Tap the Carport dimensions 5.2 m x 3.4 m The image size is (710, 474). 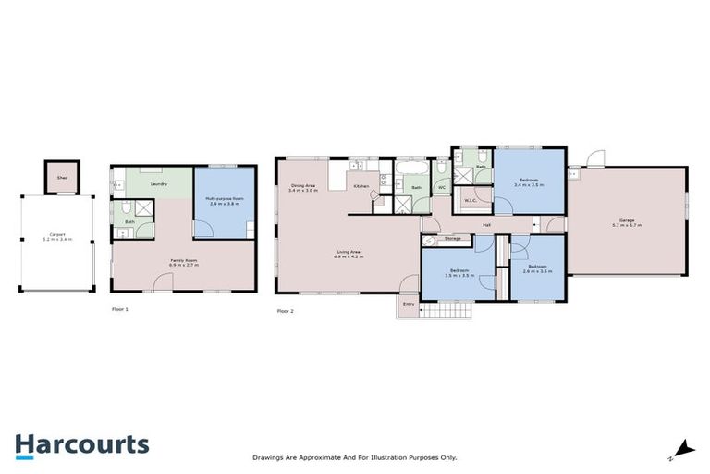point(57,239)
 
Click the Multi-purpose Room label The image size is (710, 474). point(225,199)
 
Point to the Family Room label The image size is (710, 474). point(183,261)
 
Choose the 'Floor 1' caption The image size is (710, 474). point(119,309)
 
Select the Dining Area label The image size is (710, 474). point(303,186)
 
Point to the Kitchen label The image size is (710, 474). point(361,188)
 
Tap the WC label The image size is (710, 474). point(442,187)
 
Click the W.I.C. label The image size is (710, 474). point(470,199)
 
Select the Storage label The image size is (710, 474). point(452,239)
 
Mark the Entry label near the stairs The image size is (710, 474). point(408,303)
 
